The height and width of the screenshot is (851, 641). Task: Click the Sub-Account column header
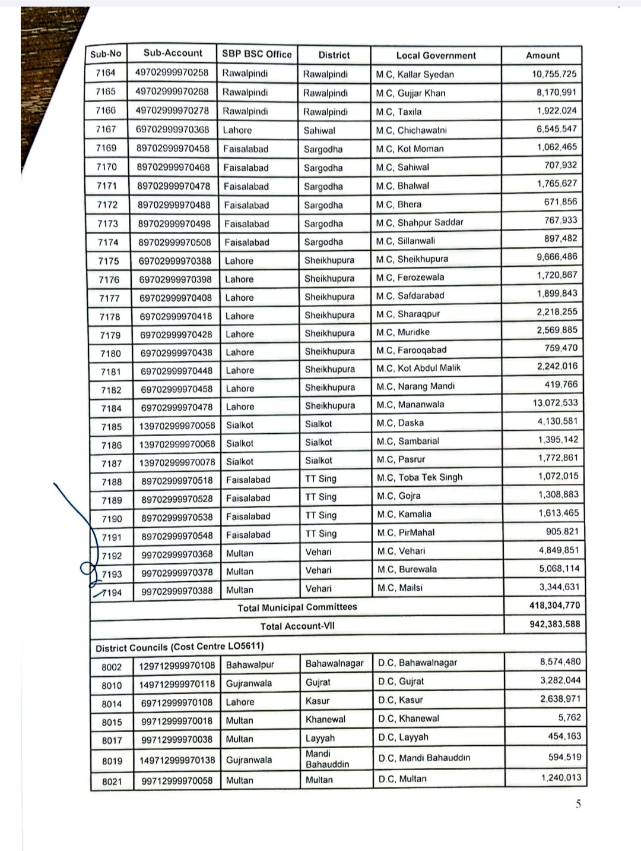click(173, 53)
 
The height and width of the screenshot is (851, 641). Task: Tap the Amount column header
click(542, 55)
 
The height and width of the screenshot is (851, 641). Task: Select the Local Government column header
click(436, 55)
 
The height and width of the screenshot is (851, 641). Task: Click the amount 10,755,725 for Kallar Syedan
click(554, 74)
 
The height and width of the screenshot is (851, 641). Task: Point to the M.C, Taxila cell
click(399, 112)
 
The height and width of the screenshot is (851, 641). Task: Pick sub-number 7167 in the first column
click(106, 129)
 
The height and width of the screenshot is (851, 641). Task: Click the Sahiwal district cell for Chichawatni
click(319, 130)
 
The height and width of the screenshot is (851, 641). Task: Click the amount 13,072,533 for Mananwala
click(554, 403)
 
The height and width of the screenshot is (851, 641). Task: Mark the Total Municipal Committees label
click(297, 607)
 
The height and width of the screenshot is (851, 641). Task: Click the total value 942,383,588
click(554, 624)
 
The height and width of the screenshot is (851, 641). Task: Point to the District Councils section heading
click(180, 646)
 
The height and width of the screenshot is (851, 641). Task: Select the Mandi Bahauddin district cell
click(327, 759)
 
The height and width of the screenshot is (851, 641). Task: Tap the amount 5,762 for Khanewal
click(569, 717)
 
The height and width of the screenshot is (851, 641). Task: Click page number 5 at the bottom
click(577, 805)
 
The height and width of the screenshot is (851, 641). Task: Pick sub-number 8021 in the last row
click(112, 781)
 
